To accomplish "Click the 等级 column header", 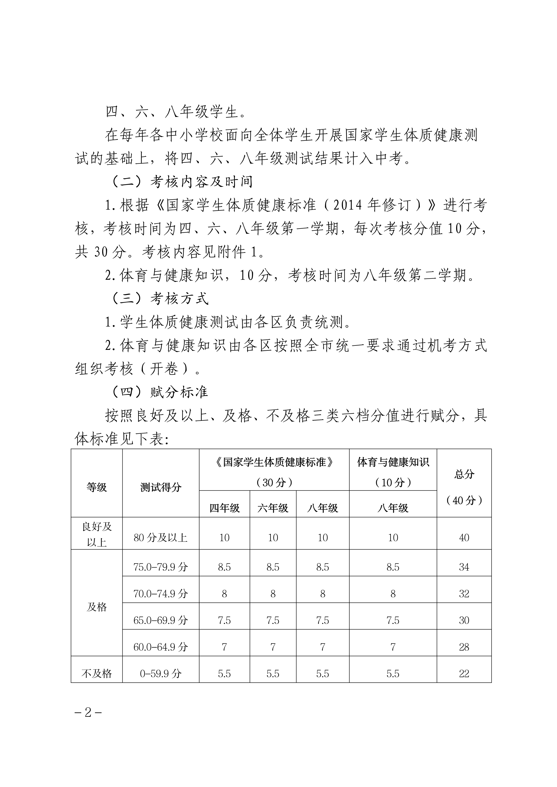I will [x=97, y=487].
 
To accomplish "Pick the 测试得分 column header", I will [x=161, y=487].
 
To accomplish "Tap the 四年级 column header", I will [x=224, y=508].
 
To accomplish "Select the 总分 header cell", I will [x=464, y=474].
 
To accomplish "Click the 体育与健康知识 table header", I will [x=393, y=462].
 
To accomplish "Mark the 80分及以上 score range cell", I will [x=161, y=537].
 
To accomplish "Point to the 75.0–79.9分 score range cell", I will [x=161, y=567].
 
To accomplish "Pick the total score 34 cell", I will [x=464, y=567].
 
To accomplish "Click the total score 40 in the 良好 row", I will [x=464, y=537].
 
